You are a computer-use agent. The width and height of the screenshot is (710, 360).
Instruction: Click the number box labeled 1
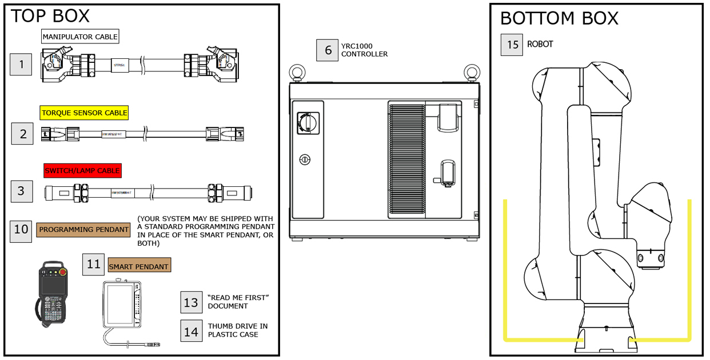(x=22, y=65)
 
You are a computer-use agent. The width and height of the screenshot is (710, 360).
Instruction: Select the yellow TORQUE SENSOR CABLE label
(x=84, y=113)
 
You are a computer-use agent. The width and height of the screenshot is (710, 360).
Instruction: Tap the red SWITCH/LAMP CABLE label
(x=83, y=170)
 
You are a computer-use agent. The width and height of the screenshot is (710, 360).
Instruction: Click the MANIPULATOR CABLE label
(x=80, y=37)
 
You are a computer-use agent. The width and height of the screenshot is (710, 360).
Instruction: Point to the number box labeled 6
(x=328, y=50)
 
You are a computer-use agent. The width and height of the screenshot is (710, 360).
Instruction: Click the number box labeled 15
(x=512, y=45)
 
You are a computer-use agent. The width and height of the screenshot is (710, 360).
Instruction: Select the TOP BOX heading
(x=50, y=16)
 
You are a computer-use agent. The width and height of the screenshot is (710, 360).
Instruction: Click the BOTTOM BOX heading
(x=559, y=18)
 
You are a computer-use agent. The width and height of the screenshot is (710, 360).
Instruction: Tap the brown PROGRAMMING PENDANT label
(x=83, y=230)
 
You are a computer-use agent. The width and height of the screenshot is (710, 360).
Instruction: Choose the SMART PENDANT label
(x=139, y=266)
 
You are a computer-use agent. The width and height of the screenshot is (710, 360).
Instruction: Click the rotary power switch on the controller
(x=308, y=121)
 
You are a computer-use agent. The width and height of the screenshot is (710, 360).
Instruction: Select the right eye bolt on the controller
(x=470, y=73)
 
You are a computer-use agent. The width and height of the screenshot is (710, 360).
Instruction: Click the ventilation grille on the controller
(x=406, y=160)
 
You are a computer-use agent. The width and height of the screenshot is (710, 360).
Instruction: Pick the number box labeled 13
(x=191, y=302)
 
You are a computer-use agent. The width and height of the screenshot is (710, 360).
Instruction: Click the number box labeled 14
(x=191, y=330)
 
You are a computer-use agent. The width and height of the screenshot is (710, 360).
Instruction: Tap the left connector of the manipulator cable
(x=57, y=65)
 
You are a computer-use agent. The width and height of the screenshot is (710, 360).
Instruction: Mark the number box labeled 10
(x=21, y=230)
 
